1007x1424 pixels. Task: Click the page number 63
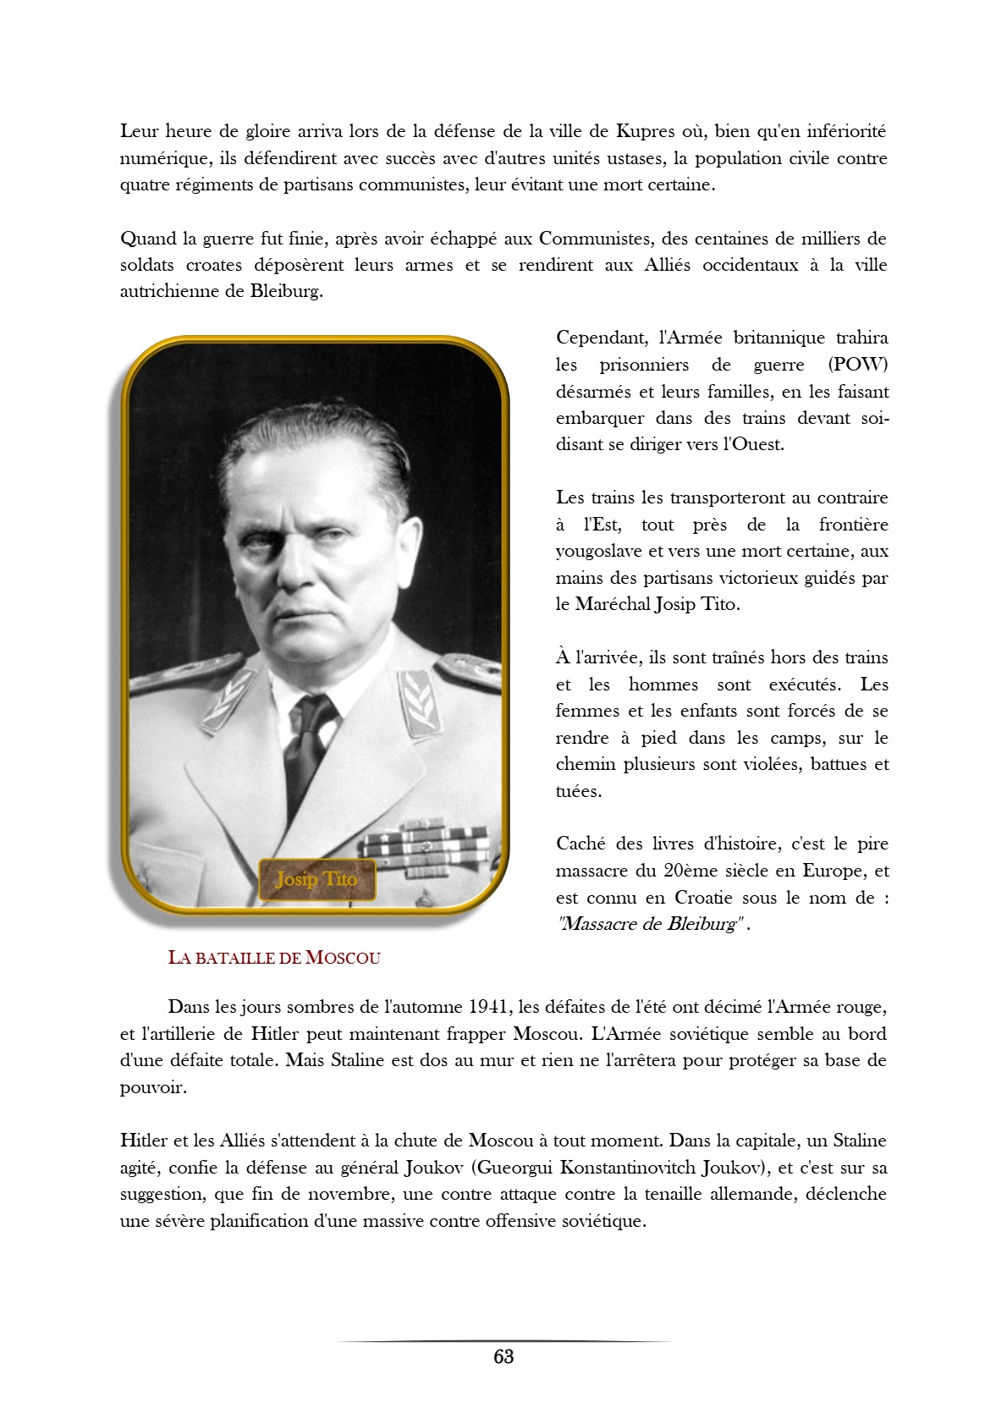click(x=503, y=1356)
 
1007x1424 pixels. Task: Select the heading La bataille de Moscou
click(x=274, y=958)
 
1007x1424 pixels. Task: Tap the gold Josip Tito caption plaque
click(x=316, y=879)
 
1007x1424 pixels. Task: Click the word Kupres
click(x=645, y=131)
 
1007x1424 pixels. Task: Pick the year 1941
click(x=487, y=1007)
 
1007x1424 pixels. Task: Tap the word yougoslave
click(x=599, y=551)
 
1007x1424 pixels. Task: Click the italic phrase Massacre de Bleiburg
click(x=651, y=924)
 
